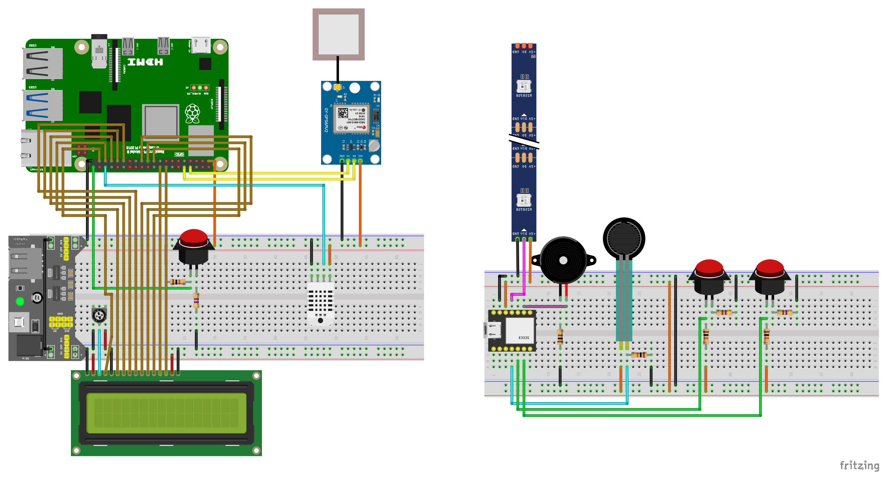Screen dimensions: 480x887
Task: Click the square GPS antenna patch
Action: coord(338,35)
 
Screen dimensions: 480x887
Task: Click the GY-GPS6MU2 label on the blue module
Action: coord(326,120)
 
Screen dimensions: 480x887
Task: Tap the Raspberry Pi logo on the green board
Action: coord(193,113)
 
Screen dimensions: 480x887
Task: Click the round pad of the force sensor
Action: coord(624,238)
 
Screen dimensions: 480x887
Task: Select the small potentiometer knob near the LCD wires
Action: coord(99,315)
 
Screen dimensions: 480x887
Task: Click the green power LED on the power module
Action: coord(20,302)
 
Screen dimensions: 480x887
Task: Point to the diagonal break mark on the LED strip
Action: coord(524,141)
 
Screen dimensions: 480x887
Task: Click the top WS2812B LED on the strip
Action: coord(524,86)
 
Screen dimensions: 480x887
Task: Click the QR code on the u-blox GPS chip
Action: coord(342,113)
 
